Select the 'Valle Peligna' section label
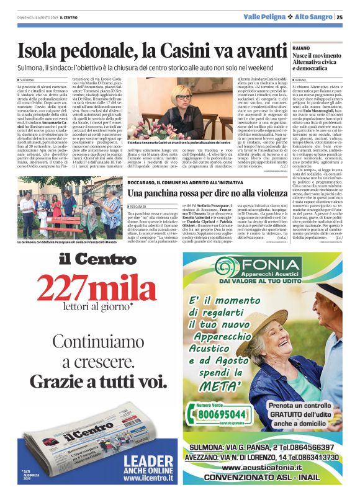pyautogui.click(x=265, y=17)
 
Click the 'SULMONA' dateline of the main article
pyautogui.click(x=28, y=80)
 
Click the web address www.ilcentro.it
pyautogui.click(x=148, y=478)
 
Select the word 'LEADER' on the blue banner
pyautogui.click(x=148, y=460)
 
